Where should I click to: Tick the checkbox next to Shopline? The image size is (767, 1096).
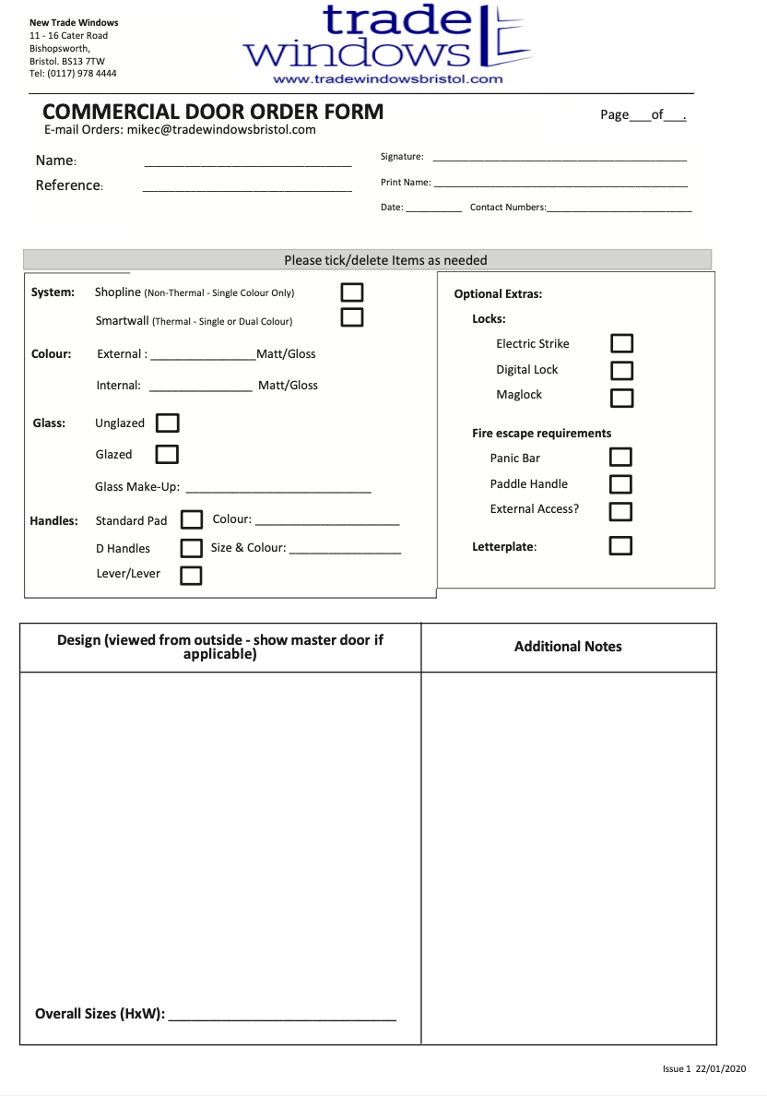click(352, 292)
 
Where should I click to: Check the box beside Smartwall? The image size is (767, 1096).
click(352, 317)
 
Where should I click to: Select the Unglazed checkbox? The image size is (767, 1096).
click(168, 423)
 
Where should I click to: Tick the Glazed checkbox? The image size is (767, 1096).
click(167, 454)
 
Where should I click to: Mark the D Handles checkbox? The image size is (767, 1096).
click(191, 548)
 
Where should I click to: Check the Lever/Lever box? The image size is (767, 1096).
click(191, 576)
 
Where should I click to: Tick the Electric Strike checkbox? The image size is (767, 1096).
click(622, 343)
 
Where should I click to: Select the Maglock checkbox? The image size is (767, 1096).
click(622, 398)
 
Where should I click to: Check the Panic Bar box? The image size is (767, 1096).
click(621, 457)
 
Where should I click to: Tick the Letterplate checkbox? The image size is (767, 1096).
click(621, 545)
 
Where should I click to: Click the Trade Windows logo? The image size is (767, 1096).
click(387, 37)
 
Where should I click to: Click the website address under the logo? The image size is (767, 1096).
click(387, 79)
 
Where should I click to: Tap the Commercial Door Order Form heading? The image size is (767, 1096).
click(213, 113)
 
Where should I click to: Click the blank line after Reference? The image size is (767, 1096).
click(247, 189)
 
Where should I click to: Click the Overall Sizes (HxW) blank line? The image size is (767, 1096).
click(282, 1018)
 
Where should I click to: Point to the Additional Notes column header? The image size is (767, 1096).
click(568, 647)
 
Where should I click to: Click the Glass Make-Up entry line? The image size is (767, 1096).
click(278, 490)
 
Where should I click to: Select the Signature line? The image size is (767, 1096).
click(560, 160)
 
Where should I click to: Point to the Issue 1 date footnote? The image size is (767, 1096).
click(703, 1068)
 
